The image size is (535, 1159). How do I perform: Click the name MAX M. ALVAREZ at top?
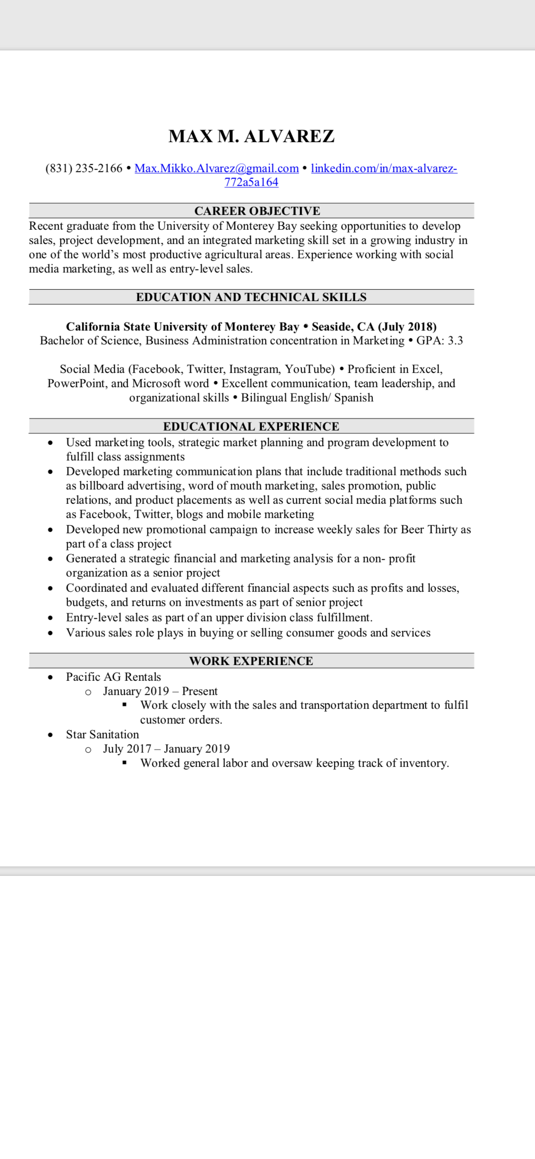click(251, 137)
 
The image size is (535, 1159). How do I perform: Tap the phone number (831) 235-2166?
click(84, 168)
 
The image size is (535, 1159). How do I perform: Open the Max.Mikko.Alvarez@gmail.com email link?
click(216, 168)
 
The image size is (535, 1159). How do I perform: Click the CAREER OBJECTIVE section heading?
click(257, 211)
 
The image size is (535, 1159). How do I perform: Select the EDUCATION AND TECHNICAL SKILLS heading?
click(251, 297)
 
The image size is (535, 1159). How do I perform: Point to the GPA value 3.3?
click(455, 341)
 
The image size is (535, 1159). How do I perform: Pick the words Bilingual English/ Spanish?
click(307, 398)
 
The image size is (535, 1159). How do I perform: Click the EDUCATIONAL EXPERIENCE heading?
click(251, 426)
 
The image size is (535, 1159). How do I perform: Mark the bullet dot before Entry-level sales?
click(50, 618)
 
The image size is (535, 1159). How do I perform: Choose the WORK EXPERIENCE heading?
click(251, 661)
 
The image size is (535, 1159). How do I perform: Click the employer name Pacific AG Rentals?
click(113, 677)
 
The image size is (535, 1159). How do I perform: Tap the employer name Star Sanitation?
click(102, 735)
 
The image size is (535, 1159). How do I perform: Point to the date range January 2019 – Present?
click(160, 691)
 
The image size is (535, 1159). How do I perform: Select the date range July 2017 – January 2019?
click(166, 749)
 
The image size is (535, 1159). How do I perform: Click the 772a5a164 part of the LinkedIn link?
click(251, 182)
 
